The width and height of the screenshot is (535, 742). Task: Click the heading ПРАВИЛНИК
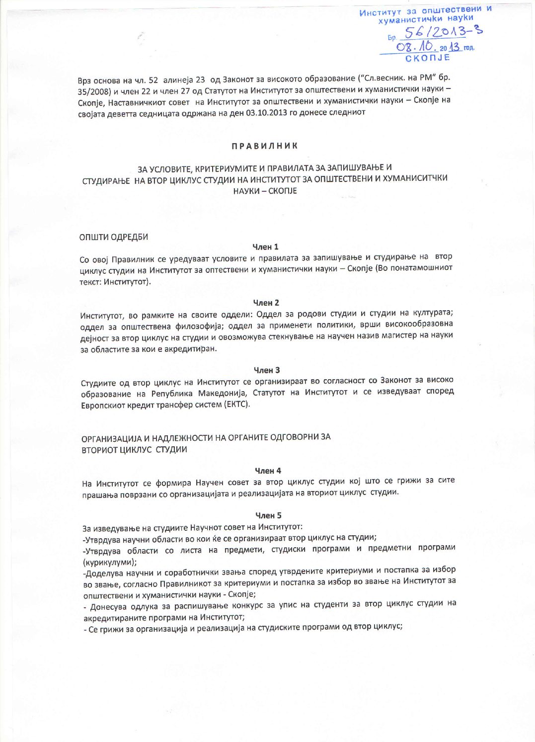264,146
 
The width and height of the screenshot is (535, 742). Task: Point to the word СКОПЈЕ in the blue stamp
428,58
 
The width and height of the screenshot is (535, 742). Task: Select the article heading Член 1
265,247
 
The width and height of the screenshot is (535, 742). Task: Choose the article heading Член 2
266,302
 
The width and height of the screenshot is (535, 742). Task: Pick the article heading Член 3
267,370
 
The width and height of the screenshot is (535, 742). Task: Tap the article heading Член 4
268,470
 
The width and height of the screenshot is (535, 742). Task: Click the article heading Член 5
268,515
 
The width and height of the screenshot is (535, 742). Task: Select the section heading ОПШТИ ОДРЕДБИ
114,237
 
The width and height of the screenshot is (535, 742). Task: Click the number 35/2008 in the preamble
95,90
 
